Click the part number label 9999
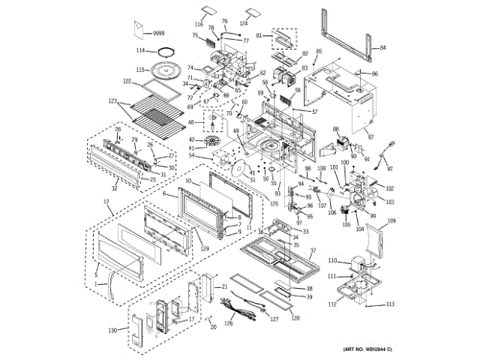(158, 33)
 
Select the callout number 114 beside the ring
(141, 51)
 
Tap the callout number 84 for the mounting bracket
(382, 47)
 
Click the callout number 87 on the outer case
(369, 137)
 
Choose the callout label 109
(391, 221)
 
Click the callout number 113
(390, 304)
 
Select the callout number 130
(112, 331)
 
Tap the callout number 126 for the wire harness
(229, 325)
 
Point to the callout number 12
(106, 203)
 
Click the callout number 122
(127, 80)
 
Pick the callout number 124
(244, 25)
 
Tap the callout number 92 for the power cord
(390, 169)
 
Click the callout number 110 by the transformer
(333, 260)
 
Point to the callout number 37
(314, 250)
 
